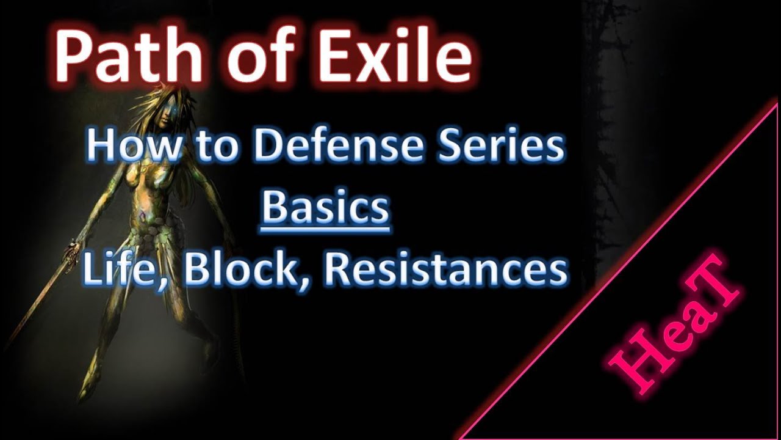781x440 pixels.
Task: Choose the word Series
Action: point(495,147)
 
